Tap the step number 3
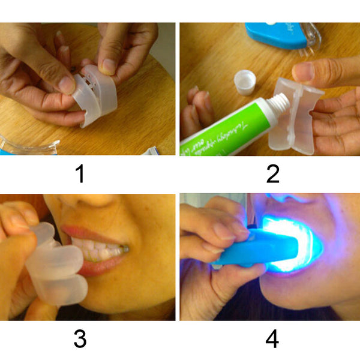click(x=80, y=339)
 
